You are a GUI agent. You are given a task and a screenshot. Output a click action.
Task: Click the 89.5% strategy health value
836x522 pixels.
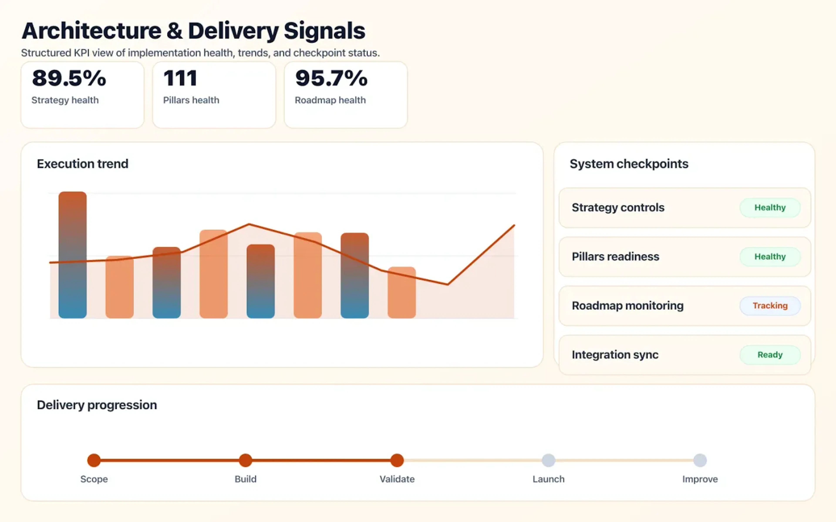click(69, 78)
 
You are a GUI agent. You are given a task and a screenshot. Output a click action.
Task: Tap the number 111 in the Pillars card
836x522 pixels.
click(180, 78)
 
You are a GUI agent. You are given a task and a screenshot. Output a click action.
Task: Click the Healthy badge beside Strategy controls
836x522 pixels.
click(770, 207)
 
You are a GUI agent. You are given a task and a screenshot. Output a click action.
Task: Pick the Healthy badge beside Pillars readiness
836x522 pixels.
click(770, 256)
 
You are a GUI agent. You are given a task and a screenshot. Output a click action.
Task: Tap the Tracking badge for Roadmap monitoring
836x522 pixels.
click(770, 306)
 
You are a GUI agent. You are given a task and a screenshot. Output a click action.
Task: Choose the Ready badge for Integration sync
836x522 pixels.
click(770, 355)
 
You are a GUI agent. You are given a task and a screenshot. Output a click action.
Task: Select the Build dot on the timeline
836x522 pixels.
click(246, 460)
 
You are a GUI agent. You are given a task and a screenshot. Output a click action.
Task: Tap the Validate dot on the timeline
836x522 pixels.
click(397, 460)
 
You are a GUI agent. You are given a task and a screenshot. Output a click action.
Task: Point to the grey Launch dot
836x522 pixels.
click(548, 460)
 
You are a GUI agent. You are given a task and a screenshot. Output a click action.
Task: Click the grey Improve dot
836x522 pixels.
click(700, 460)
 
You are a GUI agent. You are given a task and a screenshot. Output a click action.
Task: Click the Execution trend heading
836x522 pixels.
click(83, 164)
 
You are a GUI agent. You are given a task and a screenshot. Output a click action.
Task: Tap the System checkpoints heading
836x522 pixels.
click(629, 164)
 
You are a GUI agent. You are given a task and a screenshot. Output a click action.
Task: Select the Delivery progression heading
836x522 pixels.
click(97, 405)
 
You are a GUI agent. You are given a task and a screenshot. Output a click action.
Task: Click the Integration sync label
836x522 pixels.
click(615, 355)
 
